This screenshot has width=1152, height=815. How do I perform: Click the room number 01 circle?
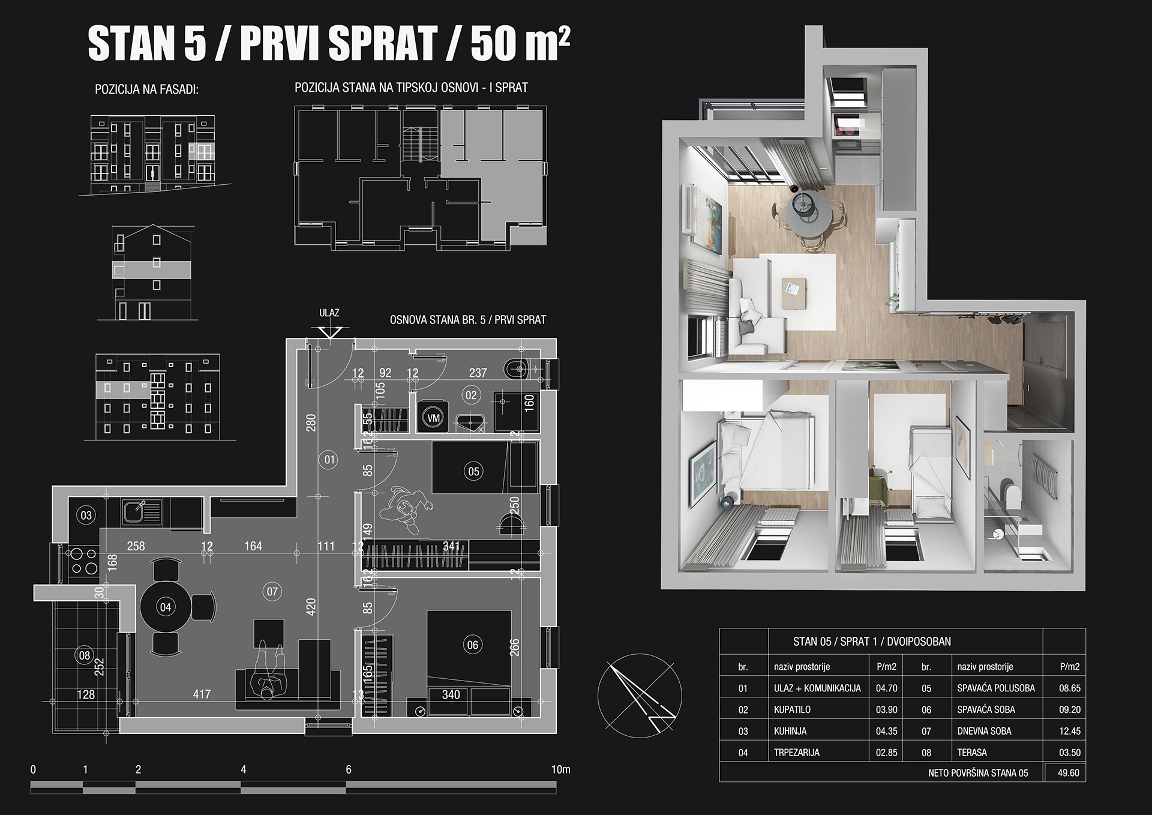coord(329,460)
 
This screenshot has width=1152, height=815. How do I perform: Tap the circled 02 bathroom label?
coord(471,395)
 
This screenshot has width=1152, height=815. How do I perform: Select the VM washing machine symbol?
coord(433,418)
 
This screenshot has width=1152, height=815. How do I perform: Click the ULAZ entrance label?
coord(329,313)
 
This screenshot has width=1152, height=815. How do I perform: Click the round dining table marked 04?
coord(166,607)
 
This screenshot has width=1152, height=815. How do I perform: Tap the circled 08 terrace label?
coord(85,655)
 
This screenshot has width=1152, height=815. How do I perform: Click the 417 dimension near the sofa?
coord(202,694)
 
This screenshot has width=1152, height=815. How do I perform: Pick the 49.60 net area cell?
coord(1069,773)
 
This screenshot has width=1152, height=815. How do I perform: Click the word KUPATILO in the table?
coord(792,709)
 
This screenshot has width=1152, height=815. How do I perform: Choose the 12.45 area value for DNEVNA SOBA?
coord(1070,731)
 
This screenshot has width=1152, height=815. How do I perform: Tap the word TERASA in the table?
coord(972,752)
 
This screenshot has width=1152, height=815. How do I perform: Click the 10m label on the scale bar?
coord(561,769)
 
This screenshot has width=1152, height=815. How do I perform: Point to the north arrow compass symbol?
coord(640,695)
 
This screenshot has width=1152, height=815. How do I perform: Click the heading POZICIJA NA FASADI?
coord(147,90)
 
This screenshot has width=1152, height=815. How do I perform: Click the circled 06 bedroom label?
coord(472,645)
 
